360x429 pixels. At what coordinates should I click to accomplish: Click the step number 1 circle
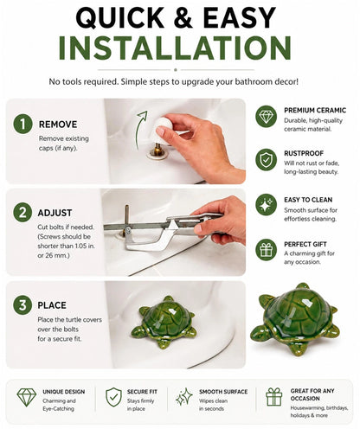[22, 124]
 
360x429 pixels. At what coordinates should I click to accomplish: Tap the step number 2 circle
[22, 213]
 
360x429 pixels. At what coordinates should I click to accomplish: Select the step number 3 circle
[22, 305]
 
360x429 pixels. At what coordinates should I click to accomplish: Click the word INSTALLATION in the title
[175, 48]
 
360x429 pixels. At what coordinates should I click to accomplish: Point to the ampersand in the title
[183, 17]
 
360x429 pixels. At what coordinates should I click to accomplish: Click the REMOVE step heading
[58, 125]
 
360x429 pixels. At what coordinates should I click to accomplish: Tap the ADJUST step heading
[55, 213]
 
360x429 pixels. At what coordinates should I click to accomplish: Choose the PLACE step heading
[52, 305]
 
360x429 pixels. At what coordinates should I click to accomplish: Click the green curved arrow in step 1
[140, 130]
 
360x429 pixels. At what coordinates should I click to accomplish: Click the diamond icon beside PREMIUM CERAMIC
[266, 116]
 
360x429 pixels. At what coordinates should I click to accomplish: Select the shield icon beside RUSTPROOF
[266, 159]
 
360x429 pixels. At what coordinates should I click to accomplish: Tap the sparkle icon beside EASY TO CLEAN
[266, 205]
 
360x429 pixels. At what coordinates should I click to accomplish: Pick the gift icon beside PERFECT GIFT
[266, 250]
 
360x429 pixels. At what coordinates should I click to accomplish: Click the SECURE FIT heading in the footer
[142, 392]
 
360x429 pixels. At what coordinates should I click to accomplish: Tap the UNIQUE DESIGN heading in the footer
[64, 392]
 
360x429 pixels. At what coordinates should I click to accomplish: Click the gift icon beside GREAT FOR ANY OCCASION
[274, 397]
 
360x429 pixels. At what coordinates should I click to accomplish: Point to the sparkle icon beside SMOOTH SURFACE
[184, 396]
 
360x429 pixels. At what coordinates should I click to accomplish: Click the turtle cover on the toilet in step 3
[164, 323]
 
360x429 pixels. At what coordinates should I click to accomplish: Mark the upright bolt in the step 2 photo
[126, 221]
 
